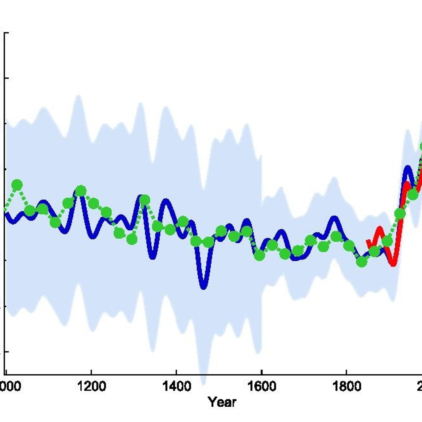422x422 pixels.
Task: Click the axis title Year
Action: point(222,402)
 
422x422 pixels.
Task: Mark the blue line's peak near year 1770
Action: point(334,218)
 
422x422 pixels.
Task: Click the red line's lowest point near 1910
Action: point(393,264)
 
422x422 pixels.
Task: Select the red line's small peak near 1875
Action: point(379,229)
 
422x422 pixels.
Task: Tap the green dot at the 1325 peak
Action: point(145,200)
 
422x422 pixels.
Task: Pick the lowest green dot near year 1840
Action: point(362,262)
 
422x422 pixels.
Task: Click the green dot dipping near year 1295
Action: point(132,239)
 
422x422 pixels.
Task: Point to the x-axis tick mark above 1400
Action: point(176,373)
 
